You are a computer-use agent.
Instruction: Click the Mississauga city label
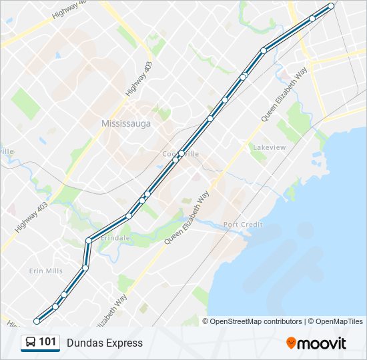tap(126, 123)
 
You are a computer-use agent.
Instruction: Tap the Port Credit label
tap(243, 225)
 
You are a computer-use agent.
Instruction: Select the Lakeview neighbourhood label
tap(269, 147)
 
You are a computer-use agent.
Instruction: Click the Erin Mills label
tap(45, 271)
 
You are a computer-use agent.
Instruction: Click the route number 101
tap(47, 342)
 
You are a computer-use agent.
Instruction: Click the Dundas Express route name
tap(105, 343)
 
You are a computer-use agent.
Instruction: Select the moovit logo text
tap(322, 343)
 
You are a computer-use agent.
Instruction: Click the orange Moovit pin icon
tap(291, 343)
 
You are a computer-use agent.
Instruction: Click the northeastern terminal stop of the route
tap(331, 6)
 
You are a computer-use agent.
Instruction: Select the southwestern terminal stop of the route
tap(37, 321)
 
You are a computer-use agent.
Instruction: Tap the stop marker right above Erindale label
tap(88, 241)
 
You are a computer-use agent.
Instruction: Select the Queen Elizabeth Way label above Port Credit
tap(187, 218)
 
